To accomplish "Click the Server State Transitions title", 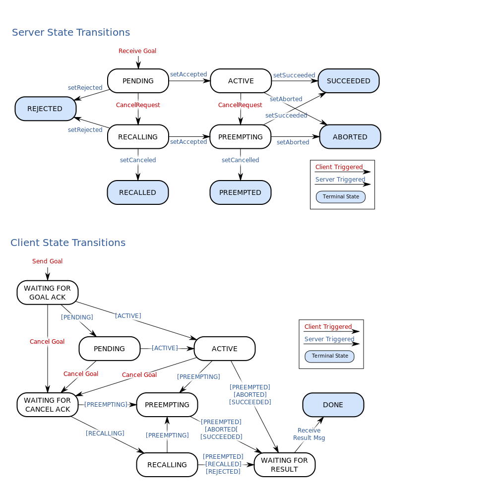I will [71, 33].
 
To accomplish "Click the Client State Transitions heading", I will [68, 243].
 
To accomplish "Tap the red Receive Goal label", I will [137, 51].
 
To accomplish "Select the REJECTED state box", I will [45, 109].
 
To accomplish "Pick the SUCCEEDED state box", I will [348, 81].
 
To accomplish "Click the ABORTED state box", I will [350, 137].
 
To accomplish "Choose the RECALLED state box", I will [137, 192].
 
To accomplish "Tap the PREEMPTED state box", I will [240, 192].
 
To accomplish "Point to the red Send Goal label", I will [47, 261].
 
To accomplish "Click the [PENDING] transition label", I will [76, 317].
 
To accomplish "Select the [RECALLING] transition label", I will [105, 434].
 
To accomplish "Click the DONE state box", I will [333, 405].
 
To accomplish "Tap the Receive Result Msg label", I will [309, 434].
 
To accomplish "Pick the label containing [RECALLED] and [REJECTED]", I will [224, 464].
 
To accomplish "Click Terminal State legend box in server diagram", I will [341, 197].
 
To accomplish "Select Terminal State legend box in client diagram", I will [330, 356].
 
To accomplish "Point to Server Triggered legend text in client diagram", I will [329, 339].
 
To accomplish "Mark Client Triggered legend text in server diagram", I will [339, 167].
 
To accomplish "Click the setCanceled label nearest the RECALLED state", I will [138, 160].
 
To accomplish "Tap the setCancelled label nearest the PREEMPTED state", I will [240, 160].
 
